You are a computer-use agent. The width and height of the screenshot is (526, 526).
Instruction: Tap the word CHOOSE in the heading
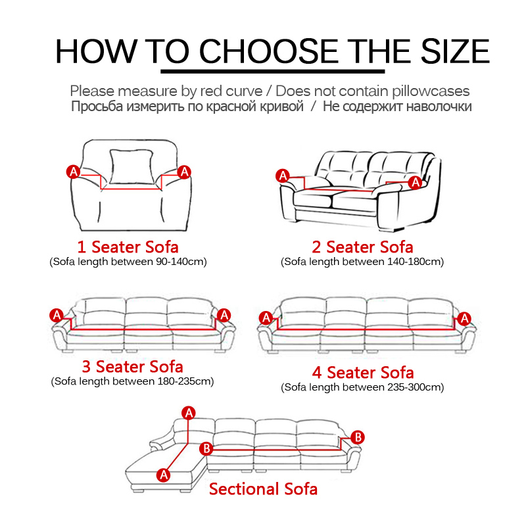coord(268,51)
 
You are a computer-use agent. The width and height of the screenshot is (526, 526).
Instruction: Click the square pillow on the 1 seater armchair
coord(131,167)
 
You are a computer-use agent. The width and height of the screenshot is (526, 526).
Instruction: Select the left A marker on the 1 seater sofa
coord(74,172)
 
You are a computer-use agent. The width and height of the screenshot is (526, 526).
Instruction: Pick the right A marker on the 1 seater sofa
coord(184,172)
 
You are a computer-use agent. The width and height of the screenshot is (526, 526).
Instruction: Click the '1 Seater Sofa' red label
coord(128,247)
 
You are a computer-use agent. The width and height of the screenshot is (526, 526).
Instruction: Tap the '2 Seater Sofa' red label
coord(362,247)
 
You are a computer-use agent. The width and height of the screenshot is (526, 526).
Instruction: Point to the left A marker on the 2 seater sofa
coord(283,176)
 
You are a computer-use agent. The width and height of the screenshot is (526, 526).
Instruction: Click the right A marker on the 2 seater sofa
coord(416,183)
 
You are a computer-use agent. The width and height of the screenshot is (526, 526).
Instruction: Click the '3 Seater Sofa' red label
coord(133,366)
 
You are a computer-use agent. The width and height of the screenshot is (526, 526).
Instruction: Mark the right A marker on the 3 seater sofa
coord(224,316)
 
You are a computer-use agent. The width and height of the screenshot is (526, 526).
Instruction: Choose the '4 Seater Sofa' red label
coord(363,372)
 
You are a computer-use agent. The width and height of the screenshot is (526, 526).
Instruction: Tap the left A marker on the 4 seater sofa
coord(266,318)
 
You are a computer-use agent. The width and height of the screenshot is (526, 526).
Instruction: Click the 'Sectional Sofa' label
coord(263,489)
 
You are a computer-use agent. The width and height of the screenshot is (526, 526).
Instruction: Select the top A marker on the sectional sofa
coord(189,413)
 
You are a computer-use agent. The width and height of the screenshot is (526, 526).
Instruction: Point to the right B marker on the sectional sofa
coord(358,437)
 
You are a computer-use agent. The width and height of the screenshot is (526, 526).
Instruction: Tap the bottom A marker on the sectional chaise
coord(163,475)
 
